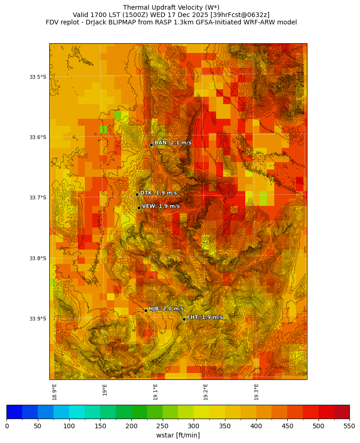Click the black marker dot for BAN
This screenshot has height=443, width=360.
coord(151,145)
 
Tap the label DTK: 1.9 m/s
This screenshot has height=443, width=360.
coord(159,193)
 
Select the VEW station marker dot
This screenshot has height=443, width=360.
coord(139,208)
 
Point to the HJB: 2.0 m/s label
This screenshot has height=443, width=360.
coord(166,309)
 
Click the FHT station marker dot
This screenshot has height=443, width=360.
coord(184,319)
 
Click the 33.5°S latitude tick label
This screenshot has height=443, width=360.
coord(38,77)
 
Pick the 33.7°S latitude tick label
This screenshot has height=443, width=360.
coord(38,198)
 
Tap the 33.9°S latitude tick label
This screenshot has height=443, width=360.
coord(38,319)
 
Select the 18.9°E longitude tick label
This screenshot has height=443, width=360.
coord(54,392)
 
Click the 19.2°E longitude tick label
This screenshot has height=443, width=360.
coord(206,392)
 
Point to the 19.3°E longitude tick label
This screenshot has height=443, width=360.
coord(256,392)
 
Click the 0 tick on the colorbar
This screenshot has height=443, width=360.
coord(7,426)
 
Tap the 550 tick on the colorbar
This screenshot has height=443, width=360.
coord(349,426)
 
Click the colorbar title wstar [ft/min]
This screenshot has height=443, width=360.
coord(178,435)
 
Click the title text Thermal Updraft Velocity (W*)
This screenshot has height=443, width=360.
coord(171,7)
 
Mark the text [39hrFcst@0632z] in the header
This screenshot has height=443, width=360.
coord(240,15)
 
